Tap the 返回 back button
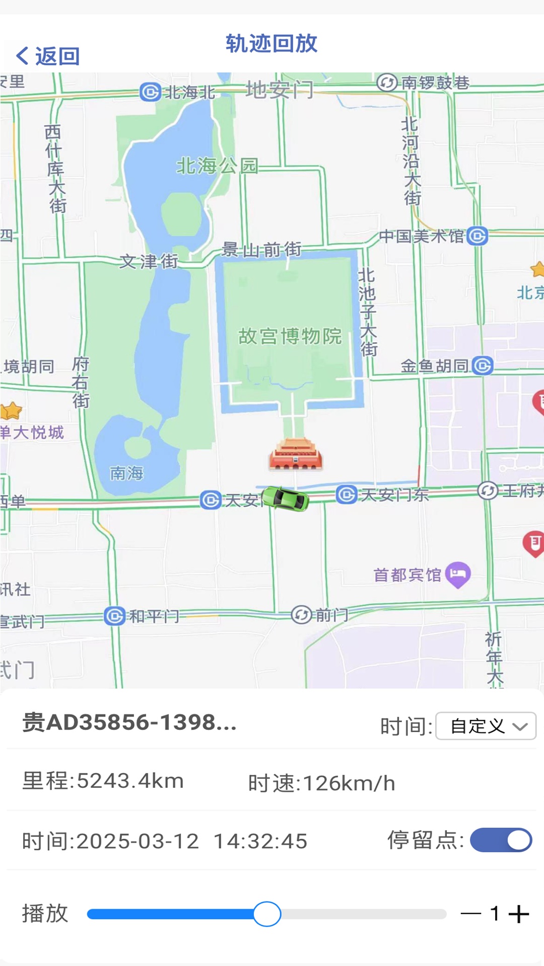point(48,56)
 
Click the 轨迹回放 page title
point(271,44)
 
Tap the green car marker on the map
point(286,499)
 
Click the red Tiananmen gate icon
point(296,455)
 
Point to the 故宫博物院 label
point(290,336)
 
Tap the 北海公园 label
point(217,166)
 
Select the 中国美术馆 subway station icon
point(477,236)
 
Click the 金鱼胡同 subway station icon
point(483,366)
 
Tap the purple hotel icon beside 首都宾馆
point(458,574)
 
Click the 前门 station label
point(331,614)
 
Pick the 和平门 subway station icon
point(115,616)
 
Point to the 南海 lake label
point(127,473)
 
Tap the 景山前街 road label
point(261,249)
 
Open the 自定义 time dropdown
point(486,726)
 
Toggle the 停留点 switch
point(501,840)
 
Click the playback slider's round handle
point(267,914)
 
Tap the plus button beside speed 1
point(519,914)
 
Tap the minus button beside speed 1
point(471,914)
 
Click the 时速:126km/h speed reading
point(321,783)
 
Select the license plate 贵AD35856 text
point(129,722)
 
